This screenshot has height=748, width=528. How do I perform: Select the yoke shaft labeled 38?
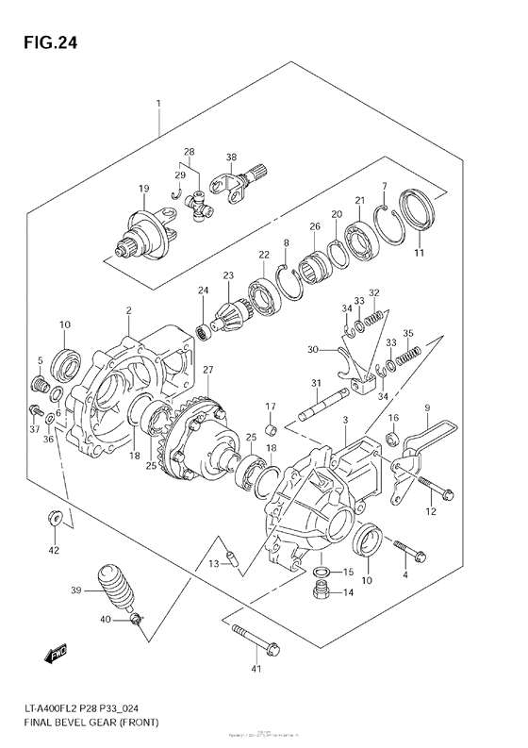[241, 178]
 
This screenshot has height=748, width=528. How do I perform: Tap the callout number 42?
[53, 550]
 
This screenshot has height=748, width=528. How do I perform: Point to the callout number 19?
[144, 189]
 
